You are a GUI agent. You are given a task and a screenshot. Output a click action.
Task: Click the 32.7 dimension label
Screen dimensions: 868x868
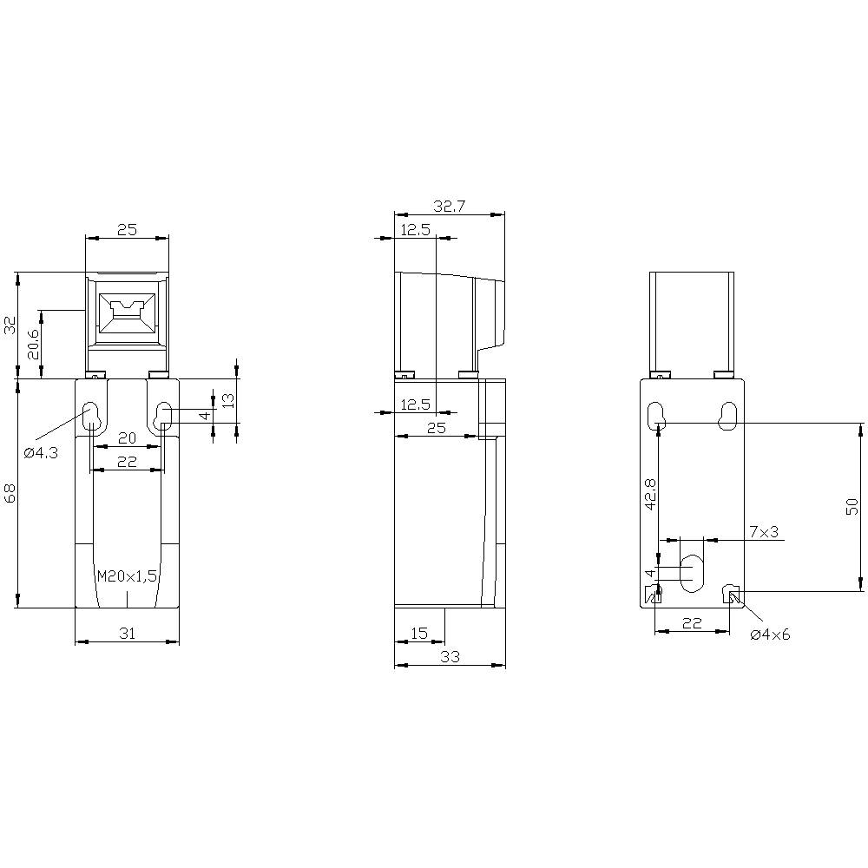tap(448, 206)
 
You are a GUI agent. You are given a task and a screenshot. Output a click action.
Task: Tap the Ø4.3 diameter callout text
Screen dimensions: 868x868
tap(41, 452)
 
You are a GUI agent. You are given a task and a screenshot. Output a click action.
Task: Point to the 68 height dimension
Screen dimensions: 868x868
tap(10, 493)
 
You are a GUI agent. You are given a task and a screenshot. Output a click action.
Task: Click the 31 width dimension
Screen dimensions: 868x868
tap(127, 634)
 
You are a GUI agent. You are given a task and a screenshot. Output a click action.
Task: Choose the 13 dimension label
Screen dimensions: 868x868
tap(228, 400)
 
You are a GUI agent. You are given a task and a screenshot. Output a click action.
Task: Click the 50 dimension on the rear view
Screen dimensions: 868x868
tap(852, 507)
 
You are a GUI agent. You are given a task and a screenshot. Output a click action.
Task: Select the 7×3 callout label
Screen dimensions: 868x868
tap(763, 531)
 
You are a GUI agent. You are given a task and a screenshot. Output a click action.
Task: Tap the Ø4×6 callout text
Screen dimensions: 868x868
tap(770, 635)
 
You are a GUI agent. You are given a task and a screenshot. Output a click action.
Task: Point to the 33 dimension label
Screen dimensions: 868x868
tap(449, 657)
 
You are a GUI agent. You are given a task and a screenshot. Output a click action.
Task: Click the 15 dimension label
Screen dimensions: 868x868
tap(418, 634)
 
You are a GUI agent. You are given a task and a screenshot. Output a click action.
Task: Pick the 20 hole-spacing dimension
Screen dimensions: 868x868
tap(127, 437)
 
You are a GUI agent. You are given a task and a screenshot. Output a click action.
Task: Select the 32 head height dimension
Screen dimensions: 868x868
tap(10, 325)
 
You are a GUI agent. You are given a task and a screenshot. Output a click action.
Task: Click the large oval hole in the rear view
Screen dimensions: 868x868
tap(692, 572)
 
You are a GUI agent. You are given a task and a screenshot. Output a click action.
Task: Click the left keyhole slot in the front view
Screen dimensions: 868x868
tap(91, 416)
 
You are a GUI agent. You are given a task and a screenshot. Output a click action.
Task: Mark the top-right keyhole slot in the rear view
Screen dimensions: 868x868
tap(727, 416)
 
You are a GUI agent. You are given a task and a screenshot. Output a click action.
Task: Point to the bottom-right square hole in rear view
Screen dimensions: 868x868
tap(732, 595)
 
